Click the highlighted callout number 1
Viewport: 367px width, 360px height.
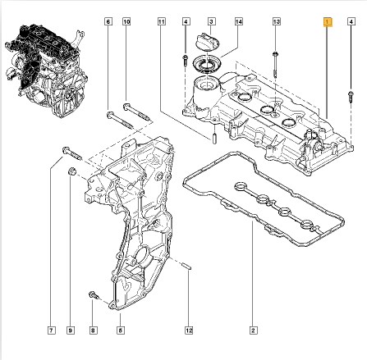pyautogui.click(x=328, y=22)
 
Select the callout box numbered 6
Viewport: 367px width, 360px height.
pyautogui.click(x=108, y=21)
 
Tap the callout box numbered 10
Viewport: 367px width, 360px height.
pyautogui.click(x=126, y=21)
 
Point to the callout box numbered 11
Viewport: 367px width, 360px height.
pyautogui.click(x=162, y=21)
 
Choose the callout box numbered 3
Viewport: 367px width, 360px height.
pyautogui.click(x=211, y=21)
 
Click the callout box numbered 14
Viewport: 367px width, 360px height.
pyautogui.click(x=239, y=21)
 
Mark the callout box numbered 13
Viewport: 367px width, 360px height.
pyautogui.click(x=277, y=21)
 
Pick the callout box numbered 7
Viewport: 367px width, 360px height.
pyautogui.click(x=51, y=330)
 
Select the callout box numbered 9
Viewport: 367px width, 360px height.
pyautogui.click(x=71, y=330)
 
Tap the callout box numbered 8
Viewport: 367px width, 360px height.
pyautogui.click(x=93, y=330)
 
